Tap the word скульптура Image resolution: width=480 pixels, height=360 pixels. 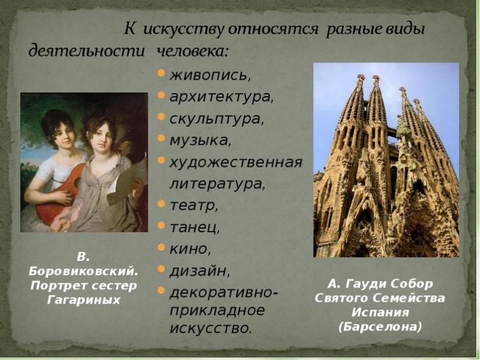tap(217, 118)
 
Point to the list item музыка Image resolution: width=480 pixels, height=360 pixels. tap(200, 140)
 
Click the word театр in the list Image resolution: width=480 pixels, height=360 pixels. tap(194, 206)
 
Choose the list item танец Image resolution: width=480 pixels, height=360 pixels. tap(195, 227)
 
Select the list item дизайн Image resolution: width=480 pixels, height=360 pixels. tap(200, 271)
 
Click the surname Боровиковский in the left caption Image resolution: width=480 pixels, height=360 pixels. tap(83, 271)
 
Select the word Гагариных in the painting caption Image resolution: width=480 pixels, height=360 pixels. tap(83, 298)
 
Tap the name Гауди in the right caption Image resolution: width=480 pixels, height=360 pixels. tap(368, 283)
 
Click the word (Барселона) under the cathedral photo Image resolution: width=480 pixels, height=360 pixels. tap(380, 326)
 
